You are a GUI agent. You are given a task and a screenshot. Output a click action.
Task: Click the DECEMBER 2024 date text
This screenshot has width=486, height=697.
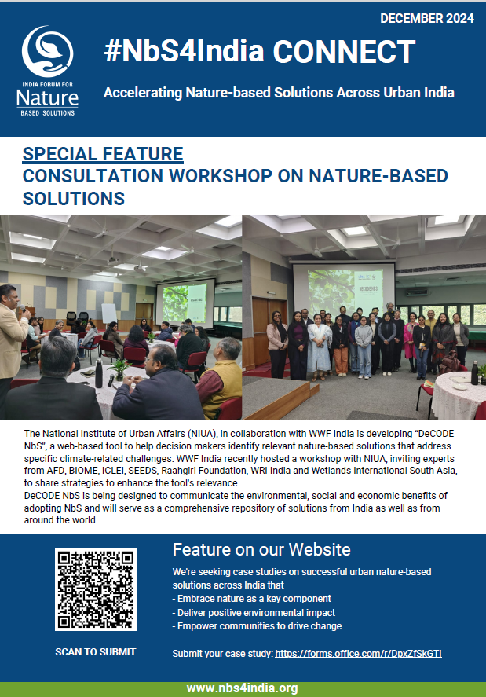tap(427, 18)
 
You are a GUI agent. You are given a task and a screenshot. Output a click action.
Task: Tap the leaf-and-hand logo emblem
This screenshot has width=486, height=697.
tap(48, 52)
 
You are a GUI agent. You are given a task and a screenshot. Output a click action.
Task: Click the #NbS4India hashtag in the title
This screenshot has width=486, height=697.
tap(184, 51)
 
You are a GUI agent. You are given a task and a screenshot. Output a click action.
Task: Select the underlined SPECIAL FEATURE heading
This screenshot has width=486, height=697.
tap(103, 154)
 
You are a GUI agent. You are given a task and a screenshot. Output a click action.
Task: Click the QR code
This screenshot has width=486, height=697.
tap(96, 589)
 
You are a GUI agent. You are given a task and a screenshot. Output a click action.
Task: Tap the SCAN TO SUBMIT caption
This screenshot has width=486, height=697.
tap(96, 651)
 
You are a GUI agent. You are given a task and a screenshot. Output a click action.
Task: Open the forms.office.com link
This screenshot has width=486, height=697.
tap(358, 654)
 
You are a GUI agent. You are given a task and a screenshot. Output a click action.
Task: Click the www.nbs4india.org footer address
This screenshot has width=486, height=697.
tap(242, 688)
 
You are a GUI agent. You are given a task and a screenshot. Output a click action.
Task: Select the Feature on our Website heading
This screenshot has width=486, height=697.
tap(261, 549)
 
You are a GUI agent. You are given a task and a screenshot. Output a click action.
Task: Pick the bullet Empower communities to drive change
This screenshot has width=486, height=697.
tap(257, 625)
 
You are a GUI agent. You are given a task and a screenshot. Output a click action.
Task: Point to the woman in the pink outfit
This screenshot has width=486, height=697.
tap(410, 340)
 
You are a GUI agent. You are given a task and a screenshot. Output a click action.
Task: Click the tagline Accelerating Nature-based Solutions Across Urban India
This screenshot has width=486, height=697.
tap(279, 93)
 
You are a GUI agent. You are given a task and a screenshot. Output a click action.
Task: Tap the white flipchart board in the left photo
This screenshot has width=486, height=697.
tap(109, 314)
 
